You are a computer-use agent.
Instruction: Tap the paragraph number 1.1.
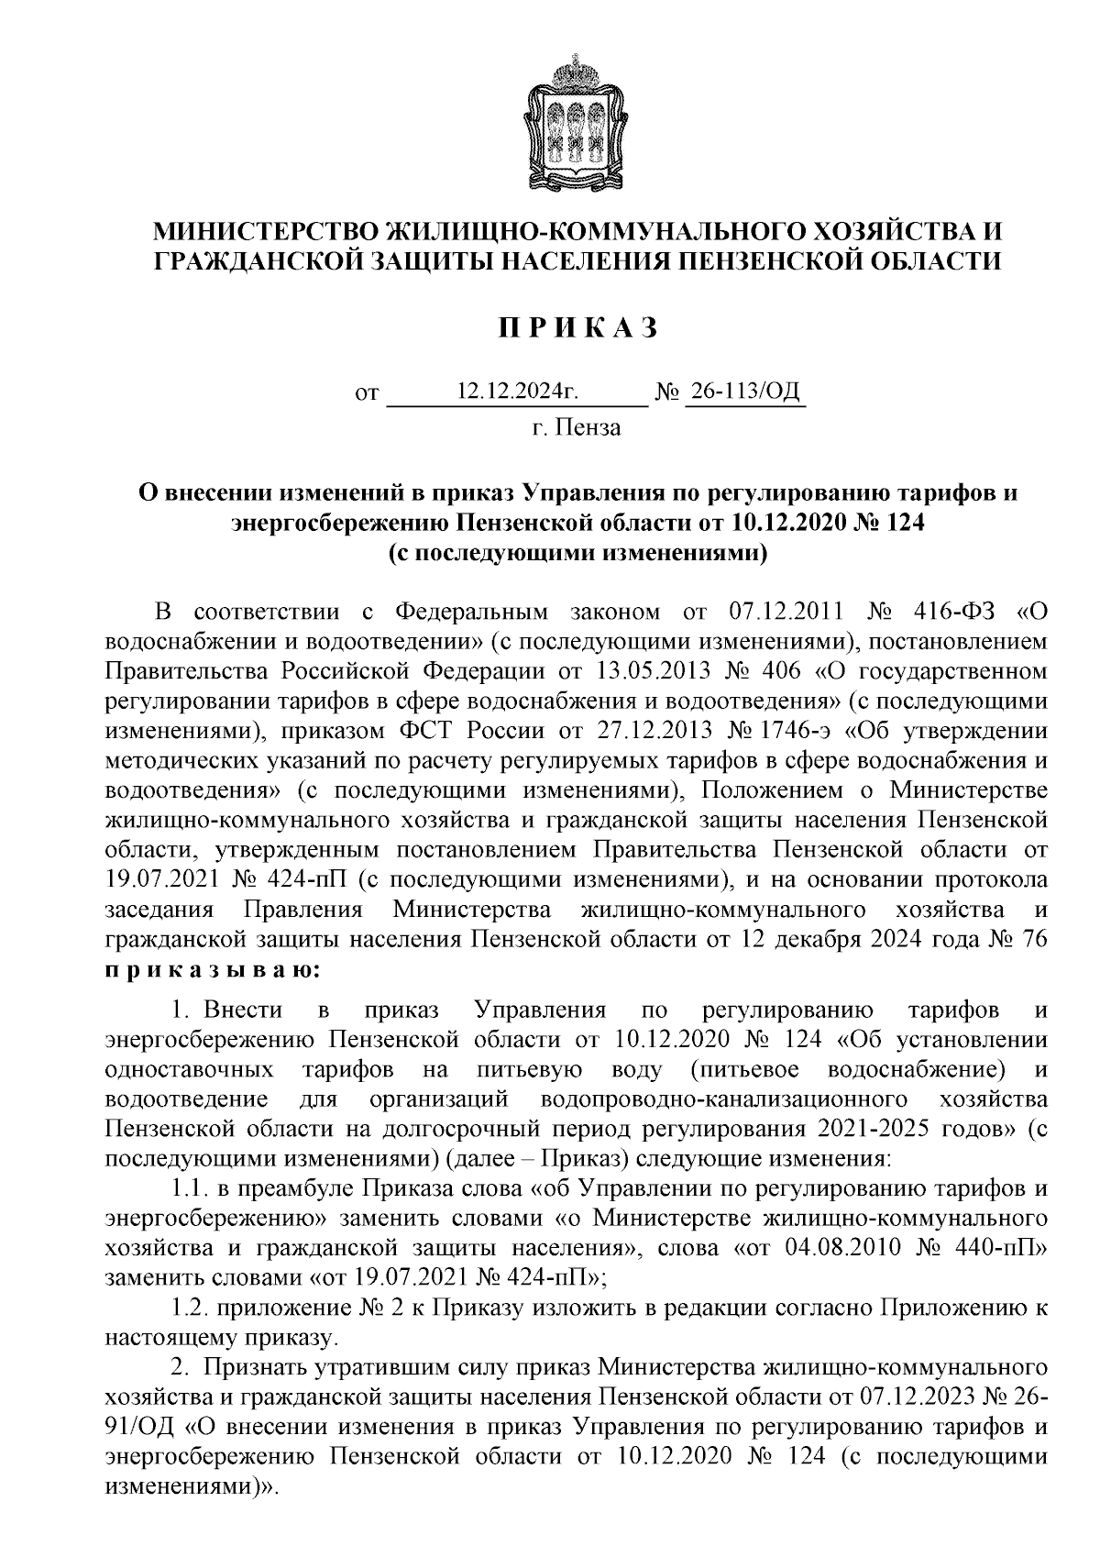[x=189, y=1190]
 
